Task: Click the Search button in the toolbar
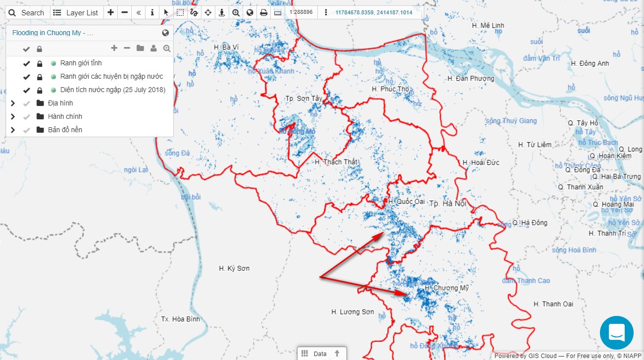tap(27, 12)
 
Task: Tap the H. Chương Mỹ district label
tap(446, 288)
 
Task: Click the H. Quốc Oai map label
tap(406, 202)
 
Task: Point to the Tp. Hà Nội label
tap(447, 204)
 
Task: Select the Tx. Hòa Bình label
tap(181, 319)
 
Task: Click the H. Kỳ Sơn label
tap(234, 268)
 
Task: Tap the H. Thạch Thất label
tap(336, 162)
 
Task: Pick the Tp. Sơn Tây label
tap(303, 99)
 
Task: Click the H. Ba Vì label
tap(226, 47)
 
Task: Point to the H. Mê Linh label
tap(488, 25)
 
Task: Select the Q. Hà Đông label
tap(530, 223)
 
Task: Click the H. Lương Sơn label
tap(352, 312)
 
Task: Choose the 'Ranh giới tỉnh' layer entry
tap(81, 63)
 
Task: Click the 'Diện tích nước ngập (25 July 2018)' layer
tap(113, 90)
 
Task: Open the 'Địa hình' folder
tap(60, 103)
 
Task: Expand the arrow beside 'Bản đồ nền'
tap(13, 130)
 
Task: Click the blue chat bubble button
tap(616, 333)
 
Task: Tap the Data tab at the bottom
tap(320, 354)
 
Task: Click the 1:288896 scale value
tap(301, 12)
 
